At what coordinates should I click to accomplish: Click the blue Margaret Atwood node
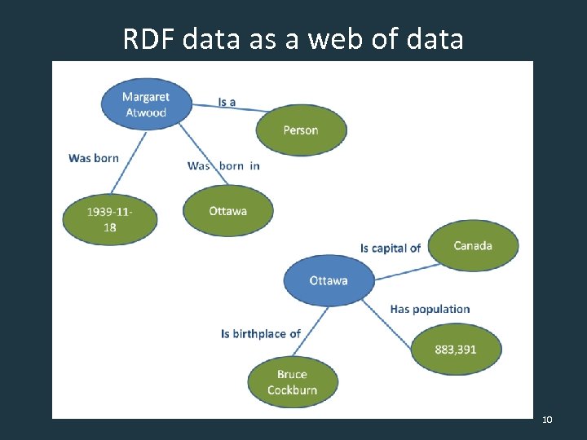coord(145,104)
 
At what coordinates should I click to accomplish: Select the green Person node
coord(301,130)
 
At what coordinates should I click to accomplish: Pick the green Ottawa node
coord(227,211)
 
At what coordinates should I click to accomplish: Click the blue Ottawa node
coord(329,280)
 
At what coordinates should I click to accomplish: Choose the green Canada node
coord(473,245)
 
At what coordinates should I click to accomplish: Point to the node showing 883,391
coord(456,349)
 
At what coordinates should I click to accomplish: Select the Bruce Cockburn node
coord(292,382)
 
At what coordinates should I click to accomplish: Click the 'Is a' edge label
coord(227,102)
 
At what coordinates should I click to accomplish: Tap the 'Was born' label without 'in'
coord(94,158)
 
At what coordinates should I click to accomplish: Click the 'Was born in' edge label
coord(223,165)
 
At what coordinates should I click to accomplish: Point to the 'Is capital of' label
coord(391,248)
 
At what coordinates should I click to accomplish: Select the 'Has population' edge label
coord(430,309)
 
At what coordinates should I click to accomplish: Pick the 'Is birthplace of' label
coord(261,333)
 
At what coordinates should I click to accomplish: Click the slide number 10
coord(547,420)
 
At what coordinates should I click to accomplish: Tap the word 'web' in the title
coord(340,38)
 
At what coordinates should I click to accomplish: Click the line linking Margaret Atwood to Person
coord(236,108)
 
